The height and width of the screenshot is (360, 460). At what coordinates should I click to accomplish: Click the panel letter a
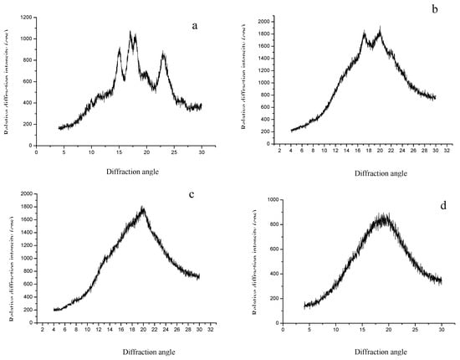(195, 26)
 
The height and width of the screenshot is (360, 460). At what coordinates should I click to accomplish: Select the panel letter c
(192, 196)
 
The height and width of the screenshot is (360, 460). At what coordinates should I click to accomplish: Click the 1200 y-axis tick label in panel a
(24, 17)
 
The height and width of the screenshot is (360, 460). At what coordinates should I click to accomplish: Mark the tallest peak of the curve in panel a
(130, 33)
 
